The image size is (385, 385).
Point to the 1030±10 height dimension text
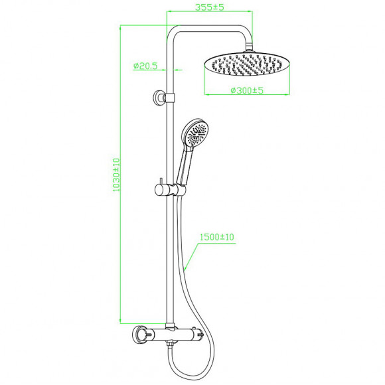pyautogui.click(x=116, y=175)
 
